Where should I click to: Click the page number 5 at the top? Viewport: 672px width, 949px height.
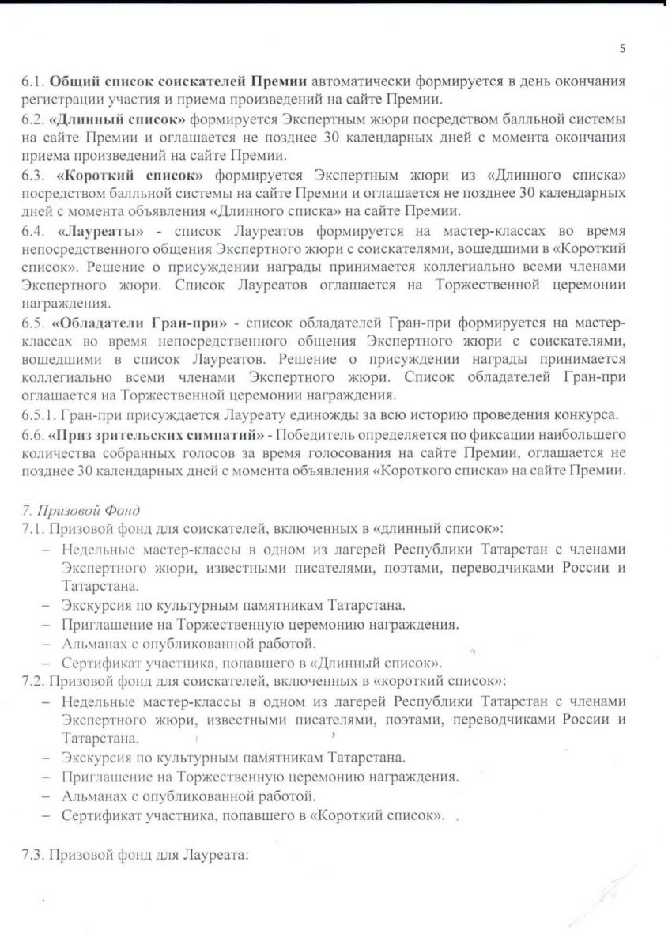pyautogui.click(x=622, y=47)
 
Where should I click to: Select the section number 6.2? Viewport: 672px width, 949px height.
pyautogui.click(x=32, y=119)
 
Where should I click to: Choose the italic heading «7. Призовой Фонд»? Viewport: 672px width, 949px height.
pyautogui.click(x=70, y=511)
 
